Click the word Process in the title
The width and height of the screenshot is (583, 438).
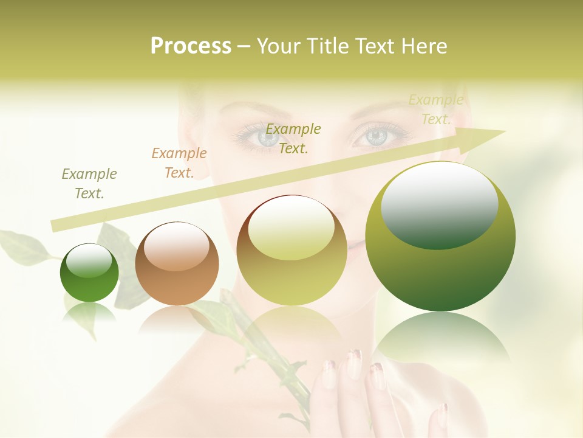click(x=191, y=46)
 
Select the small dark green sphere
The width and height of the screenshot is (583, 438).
click(x=89, y=273)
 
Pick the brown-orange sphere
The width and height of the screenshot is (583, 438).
click(x=177, y=263)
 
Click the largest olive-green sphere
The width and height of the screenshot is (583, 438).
click(x=440, y=236)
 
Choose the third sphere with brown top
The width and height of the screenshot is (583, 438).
click(x=292, y=250)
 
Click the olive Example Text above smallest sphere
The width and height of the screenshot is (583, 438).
click(x=89, y=184)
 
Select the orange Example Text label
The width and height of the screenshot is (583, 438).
click(x=179, y=163)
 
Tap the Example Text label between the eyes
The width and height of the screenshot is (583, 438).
click(x=293, y=138)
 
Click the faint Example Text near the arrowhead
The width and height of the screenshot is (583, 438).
click(x=435, y=109)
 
